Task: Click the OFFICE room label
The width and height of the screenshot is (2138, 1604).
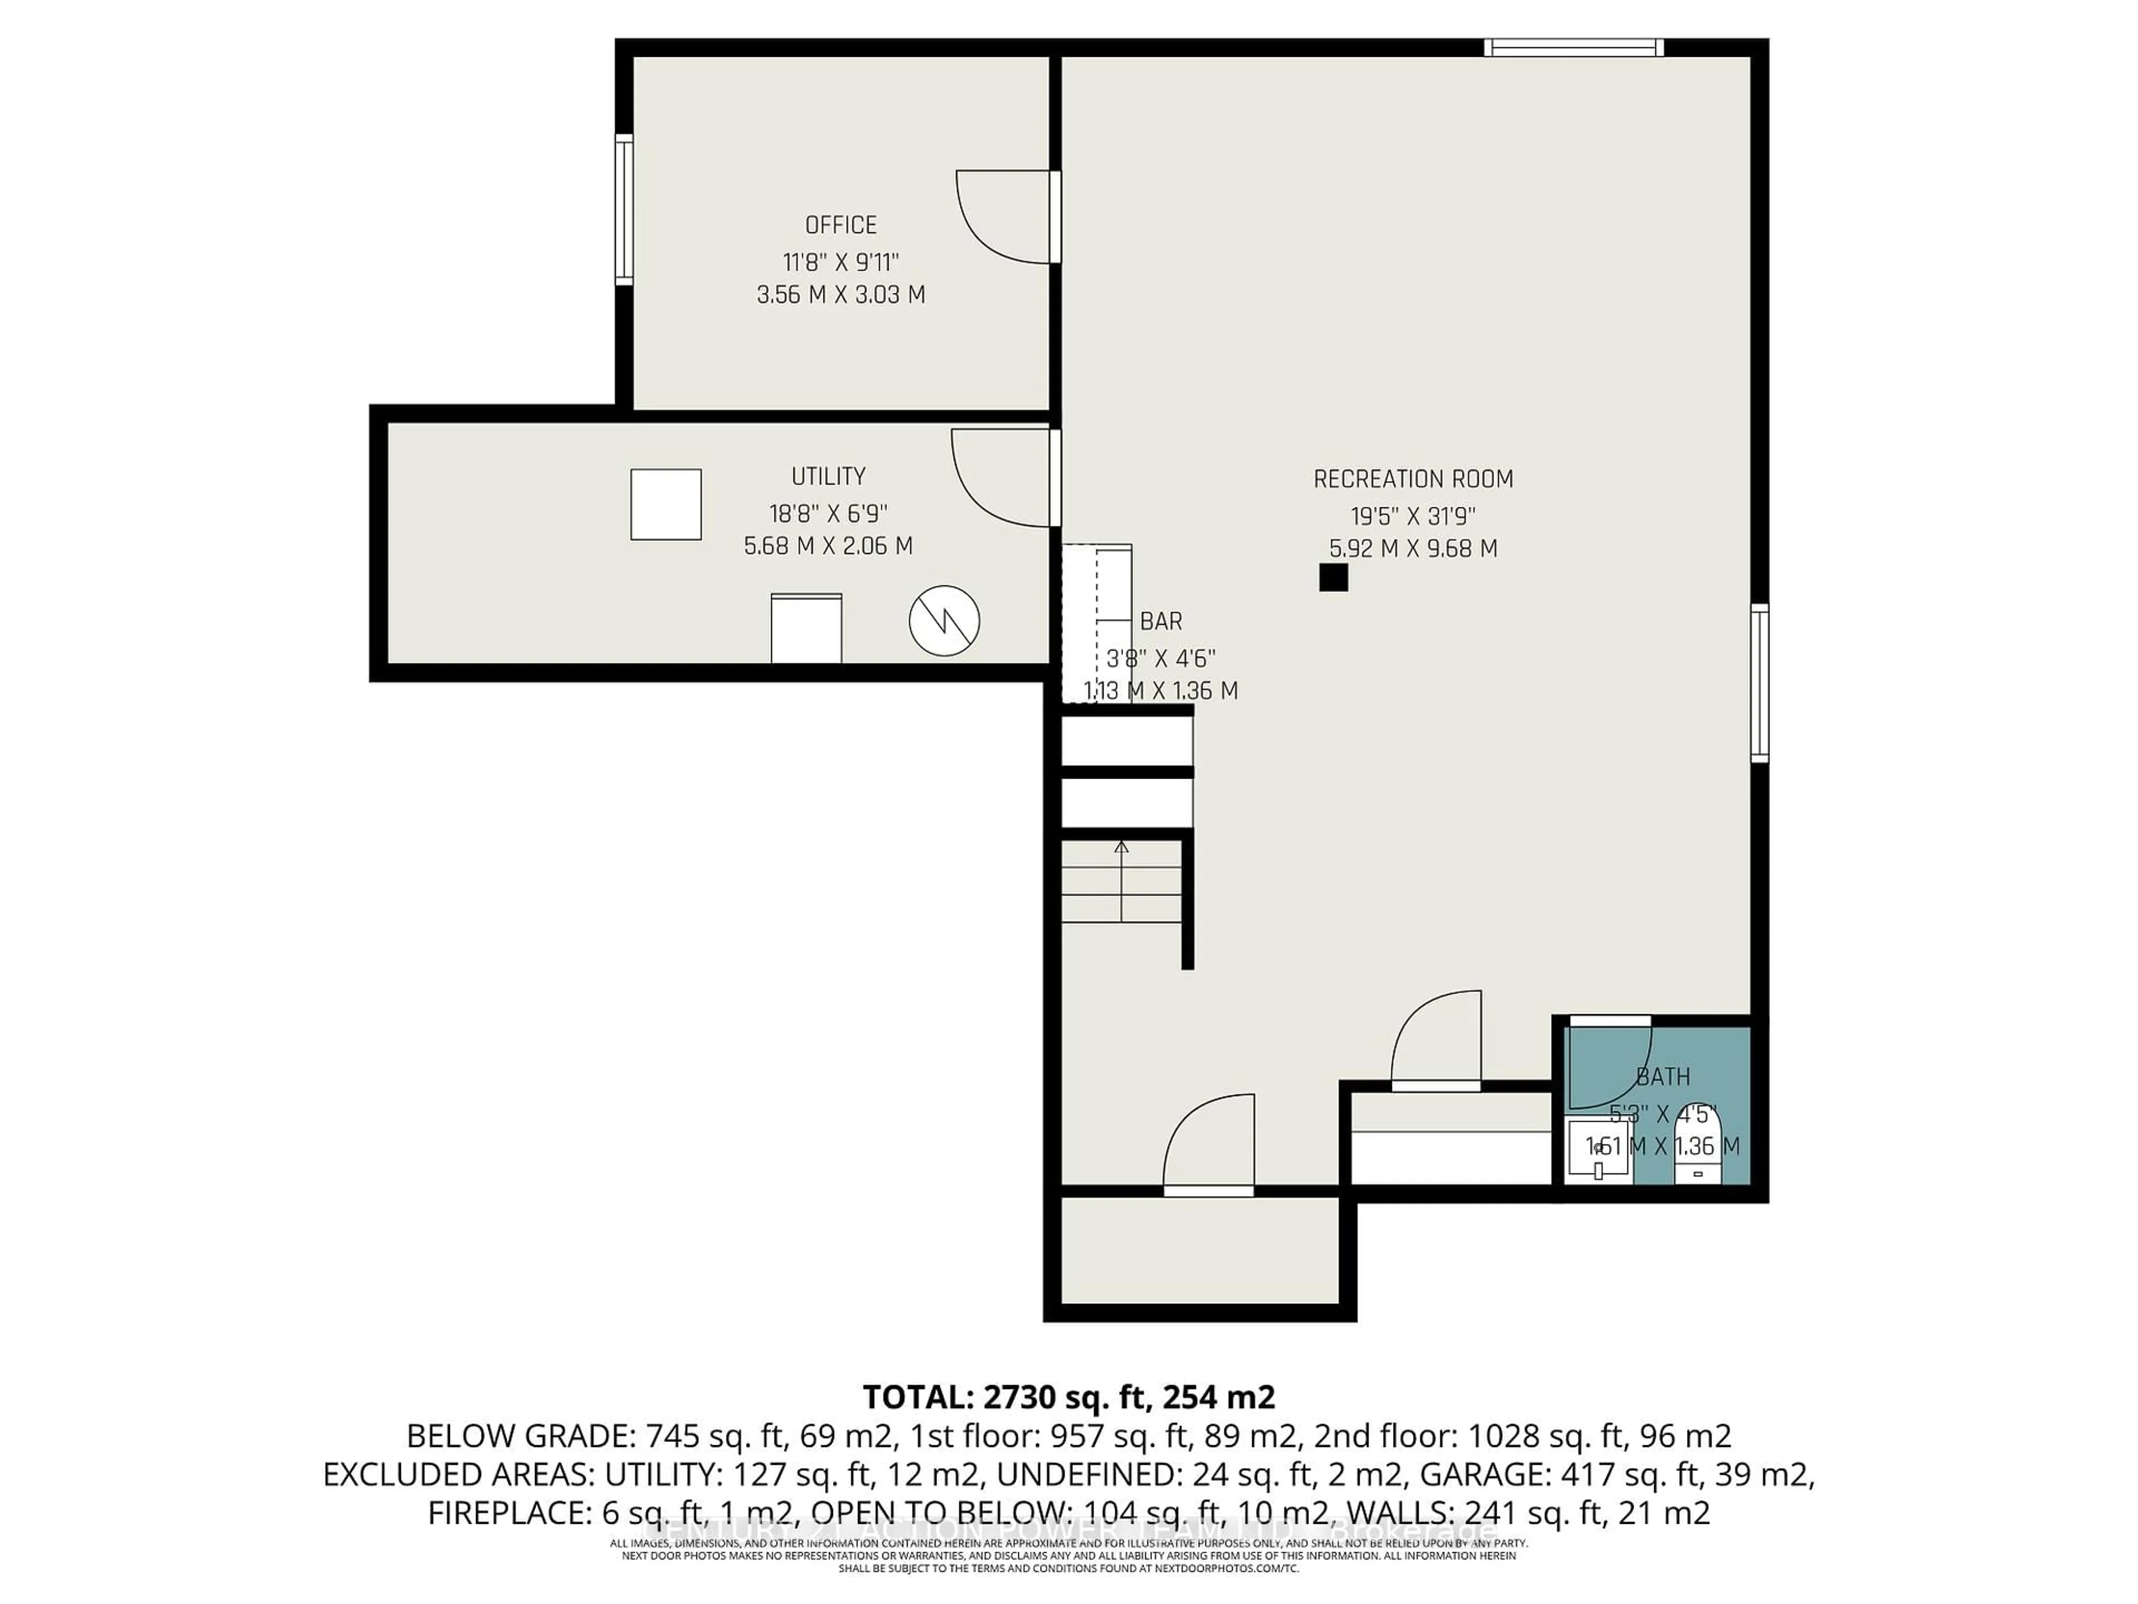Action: click(841, 225)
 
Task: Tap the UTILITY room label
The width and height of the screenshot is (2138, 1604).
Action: click(828, 477)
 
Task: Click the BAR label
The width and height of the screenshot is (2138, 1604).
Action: click(1161, 622)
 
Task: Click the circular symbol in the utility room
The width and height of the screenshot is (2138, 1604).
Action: click(944, 621)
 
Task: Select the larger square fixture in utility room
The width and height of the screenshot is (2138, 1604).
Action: click(666, 505)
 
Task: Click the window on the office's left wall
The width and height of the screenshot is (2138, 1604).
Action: click(624, 210)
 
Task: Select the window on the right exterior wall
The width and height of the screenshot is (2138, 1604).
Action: click(1760, 683)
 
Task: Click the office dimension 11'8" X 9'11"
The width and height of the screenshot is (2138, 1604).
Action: click(841, 262)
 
